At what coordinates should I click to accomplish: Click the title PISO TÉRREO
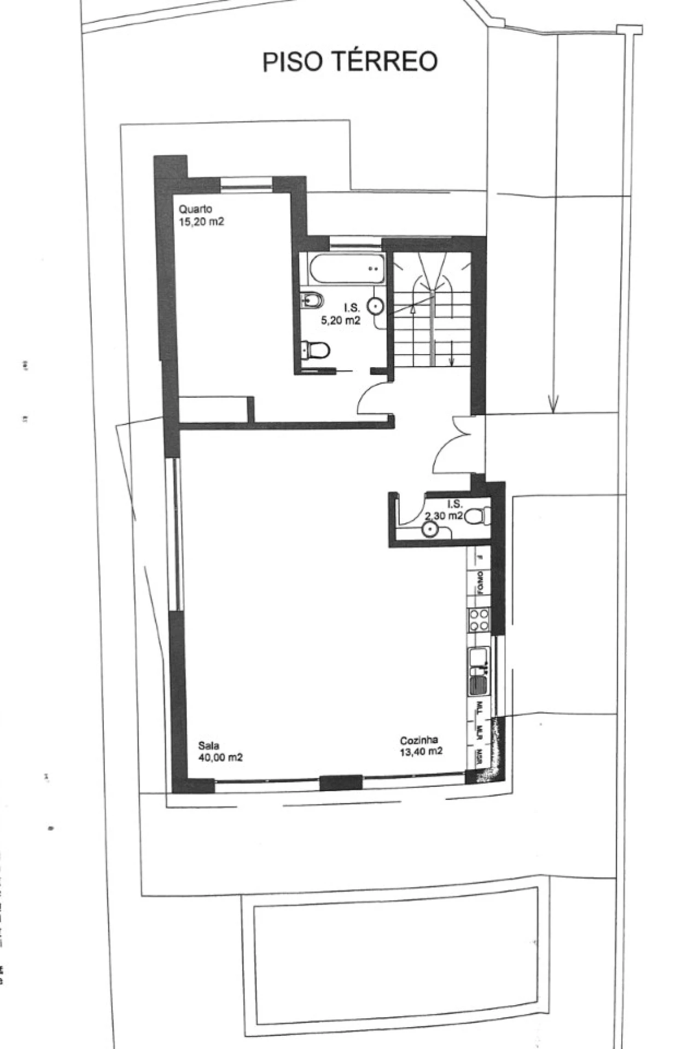350,62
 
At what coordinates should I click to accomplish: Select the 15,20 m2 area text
201,222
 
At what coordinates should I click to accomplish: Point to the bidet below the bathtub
312,299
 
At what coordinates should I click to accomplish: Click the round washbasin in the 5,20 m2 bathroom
376,306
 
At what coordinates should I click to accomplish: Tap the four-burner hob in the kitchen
479,621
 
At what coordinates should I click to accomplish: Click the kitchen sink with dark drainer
479,672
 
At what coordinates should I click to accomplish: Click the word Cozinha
419,740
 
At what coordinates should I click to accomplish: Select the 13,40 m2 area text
421,752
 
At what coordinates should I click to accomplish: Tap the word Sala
208,745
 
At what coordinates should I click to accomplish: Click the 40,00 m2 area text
220,758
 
